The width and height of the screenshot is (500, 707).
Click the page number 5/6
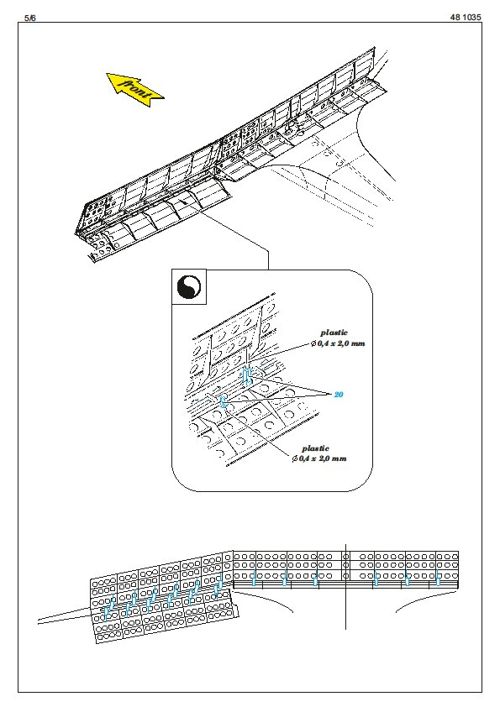tap(29, 18)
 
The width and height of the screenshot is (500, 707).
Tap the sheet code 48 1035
tap(466, 18)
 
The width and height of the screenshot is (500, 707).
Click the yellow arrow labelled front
tap(134, 89)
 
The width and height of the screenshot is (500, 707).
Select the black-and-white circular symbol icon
tap(189, 287)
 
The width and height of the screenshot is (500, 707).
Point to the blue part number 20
tap(339, 395)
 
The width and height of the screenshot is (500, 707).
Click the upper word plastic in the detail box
tap(334, 333)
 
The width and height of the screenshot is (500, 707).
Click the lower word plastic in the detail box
tap(315, 448)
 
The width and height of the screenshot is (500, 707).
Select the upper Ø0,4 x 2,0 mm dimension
tap(338, 343)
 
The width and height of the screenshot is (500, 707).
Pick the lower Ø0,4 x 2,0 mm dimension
tap(319, 459)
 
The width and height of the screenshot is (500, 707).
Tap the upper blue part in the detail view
tap(247, 375)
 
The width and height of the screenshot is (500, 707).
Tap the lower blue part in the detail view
tap(222, 401)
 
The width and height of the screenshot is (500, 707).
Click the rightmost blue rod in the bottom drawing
tap(438, 579)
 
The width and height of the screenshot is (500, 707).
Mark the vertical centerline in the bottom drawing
tap(345, 587)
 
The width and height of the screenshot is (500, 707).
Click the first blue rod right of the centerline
tap(376, 579)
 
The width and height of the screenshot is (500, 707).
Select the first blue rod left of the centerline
tap(315, 579)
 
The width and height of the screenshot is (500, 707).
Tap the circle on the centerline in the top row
tap(345, 557)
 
